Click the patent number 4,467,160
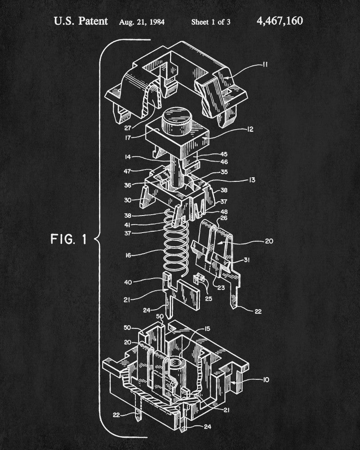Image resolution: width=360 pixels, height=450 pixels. tap(280, 21)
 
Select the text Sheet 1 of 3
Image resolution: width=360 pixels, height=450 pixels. tap(211, 21)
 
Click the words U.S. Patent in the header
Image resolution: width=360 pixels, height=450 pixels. tap(81, 21)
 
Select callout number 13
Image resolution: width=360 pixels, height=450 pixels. tap(251, 180)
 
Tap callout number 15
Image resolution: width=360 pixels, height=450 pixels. tap(207, 329)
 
